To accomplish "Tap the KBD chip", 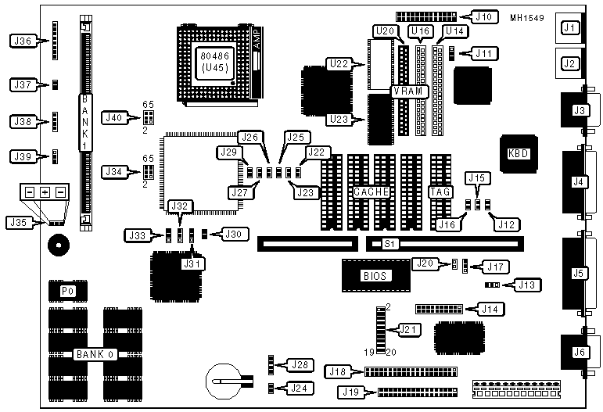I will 518,153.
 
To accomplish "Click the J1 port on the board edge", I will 569,30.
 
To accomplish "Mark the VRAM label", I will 411,91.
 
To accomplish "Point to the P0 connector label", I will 69,292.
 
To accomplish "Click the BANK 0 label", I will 95,355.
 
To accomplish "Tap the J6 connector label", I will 580,353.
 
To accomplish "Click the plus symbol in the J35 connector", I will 45,192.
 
